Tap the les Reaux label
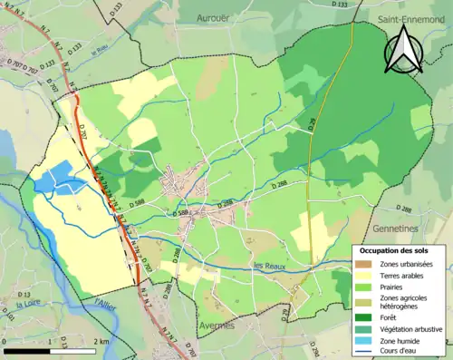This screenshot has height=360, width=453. click(271, 266)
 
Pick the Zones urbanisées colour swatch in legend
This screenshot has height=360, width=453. click(368, 263)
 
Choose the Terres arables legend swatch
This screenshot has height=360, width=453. click(368, 275)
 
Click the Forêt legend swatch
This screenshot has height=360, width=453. click(368, 316)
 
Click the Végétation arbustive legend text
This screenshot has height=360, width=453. click(413, 328)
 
